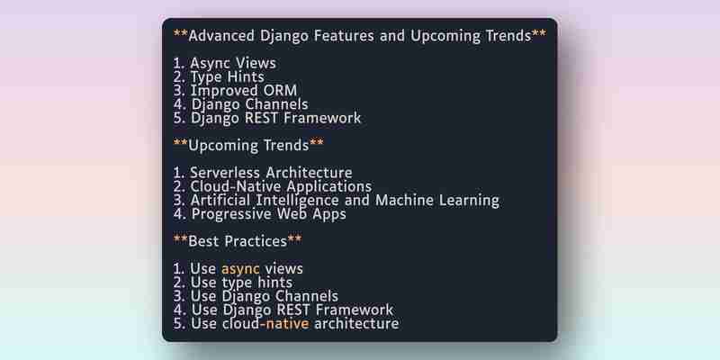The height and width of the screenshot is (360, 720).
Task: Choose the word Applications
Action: (329, 187)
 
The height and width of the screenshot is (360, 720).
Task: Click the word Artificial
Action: (220, 200)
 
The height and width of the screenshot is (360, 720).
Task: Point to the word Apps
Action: (330, 214)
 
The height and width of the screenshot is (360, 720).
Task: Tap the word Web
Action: (292, 214)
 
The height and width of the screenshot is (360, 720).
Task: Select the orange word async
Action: (240, 269)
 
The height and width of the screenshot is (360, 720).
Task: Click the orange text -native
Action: (284, 324)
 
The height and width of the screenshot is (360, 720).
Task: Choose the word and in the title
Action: (392, 36)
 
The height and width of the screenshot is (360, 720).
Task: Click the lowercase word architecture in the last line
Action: (356, 324)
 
